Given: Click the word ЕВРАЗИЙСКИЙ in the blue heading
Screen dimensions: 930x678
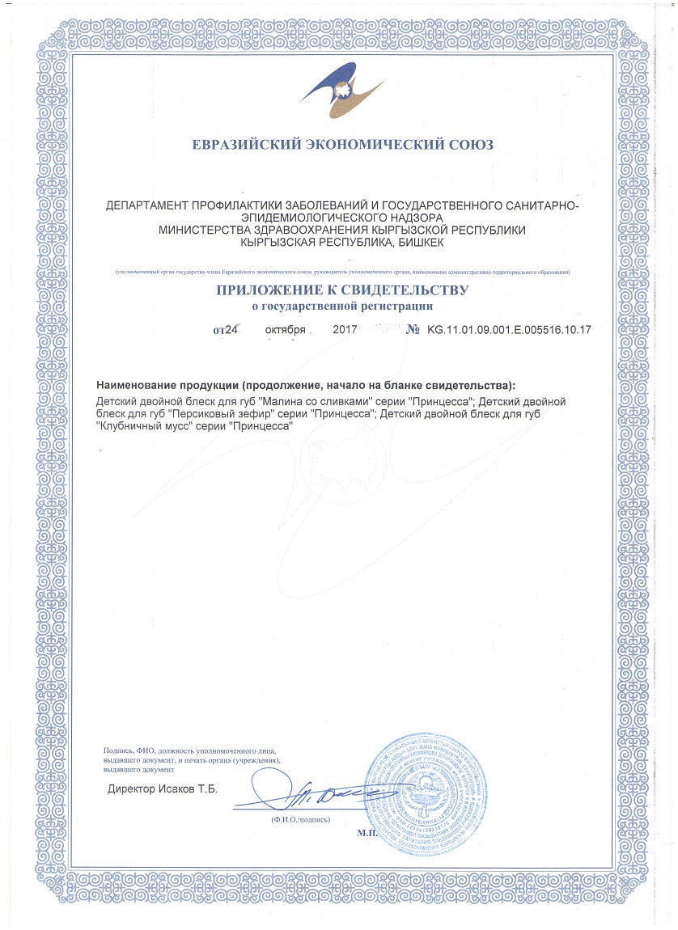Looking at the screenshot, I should point(244,146).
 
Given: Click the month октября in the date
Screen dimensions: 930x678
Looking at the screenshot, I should point(285,330).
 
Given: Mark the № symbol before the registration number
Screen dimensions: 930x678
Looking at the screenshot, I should point(412,330).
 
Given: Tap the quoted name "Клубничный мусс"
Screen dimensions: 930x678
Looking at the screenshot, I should point(148,425).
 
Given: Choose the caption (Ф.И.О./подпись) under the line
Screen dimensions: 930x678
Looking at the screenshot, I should point(302,820).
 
